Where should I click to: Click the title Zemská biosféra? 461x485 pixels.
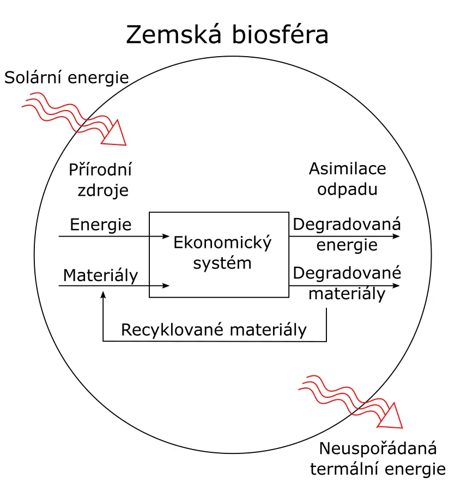(227, 34)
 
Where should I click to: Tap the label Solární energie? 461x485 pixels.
(66, 77)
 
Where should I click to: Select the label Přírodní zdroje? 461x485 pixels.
(101, 180)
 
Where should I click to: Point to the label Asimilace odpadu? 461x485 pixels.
(348, 179)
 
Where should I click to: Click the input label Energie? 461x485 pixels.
(101, 225)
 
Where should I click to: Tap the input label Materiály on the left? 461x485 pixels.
(101, 275)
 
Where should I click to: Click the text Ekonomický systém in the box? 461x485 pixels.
(222, 253)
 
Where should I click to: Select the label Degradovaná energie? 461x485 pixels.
(347, 234)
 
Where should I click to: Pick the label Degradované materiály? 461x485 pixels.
(347, 283)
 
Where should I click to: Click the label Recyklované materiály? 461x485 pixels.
(214, 330)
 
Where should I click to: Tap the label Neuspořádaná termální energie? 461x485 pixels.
(378, 459)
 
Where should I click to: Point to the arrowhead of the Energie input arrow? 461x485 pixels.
(166, 237)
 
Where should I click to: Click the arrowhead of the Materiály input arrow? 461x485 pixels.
(166, 286)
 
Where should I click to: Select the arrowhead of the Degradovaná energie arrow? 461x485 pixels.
(396, 237)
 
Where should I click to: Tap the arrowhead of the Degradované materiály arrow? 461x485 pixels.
(396, 286)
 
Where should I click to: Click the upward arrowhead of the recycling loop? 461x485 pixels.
(104, 295)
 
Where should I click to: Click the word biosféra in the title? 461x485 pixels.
(280, 34)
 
